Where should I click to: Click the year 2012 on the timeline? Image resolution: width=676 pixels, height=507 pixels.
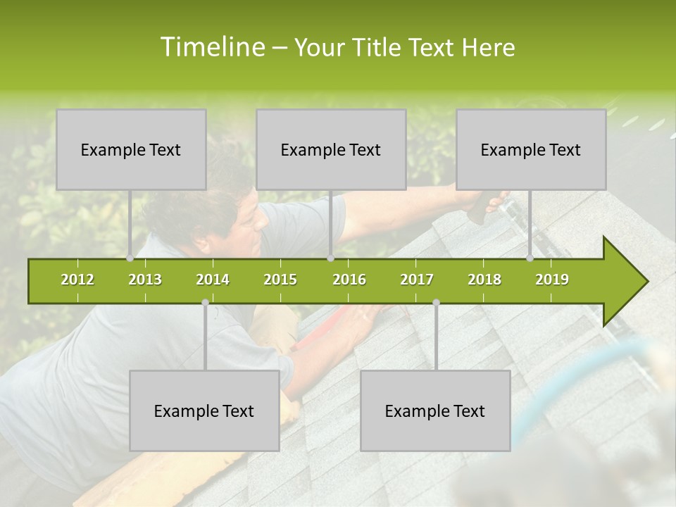(x=77, y=280)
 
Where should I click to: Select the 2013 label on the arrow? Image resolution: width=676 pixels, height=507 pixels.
(x=145, y=280)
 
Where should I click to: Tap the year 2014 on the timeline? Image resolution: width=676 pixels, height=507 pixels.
(x=213, y=280)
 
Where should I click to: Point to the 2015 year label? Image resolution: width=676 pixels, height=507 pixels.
(x=280, y=280)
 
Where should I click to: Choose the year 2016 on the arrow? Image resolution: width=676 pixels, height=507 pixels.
(x=349, y=280)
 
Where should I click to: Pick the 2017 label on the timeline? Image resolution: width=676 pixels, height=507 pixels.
(x=417, y=280)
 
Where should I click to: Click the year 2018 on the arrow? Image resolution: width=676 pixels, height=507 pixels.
(x=484, y=280)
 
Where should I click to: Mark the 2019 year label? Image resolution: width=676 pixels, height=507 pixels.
(x=552, y=280)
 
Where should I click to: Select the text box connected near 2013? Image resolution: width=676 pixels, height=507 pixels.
(x=131, y=149)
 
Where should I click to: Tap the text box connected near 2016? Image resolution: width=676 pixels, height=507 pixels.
(x=331, y=149)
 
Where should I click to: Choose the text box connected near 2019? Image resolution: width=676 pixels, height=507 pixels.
(x=531, y=149)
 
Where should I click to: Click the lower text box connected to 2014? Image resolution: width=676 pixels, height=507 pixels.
(x=204, y=411)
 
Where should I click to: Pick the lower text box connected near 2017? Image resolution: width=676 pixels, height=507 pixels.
(x=435, y=411)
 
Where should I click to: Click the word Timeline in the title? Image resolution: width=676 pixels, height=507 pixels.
(x=211, y=47)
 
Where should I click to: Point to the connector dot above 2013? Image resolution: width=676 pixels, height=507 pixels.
(x=130, y=258)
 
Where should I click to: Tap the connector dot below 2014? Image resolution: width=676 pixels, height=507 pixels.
(x=205, y=303)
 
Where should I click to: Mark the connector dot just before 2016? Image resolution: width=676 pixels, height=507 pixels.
(x=331, y=258)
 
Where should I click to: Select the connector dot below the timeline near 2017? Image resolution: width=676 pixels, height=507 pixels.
(x=436, y=303)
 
